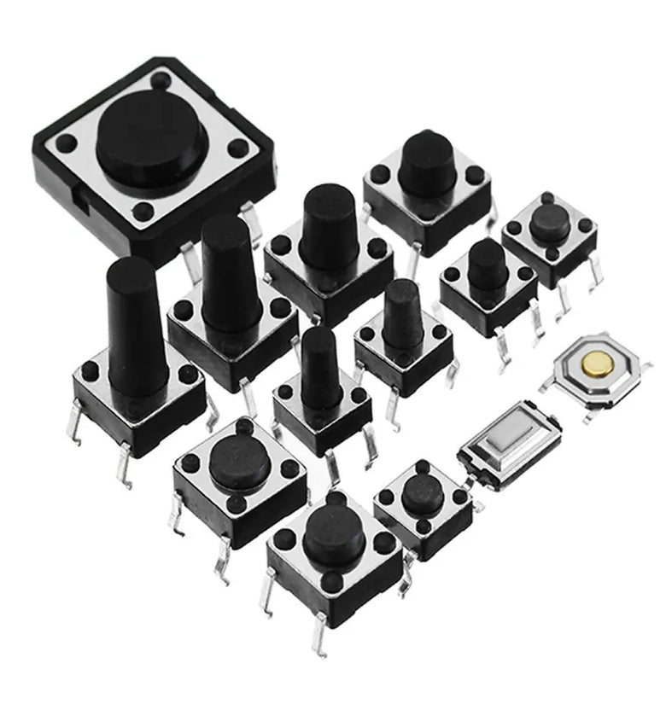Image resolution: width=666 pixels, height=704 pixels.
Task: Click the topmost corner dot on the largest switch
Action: click(x=161, y=81)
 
